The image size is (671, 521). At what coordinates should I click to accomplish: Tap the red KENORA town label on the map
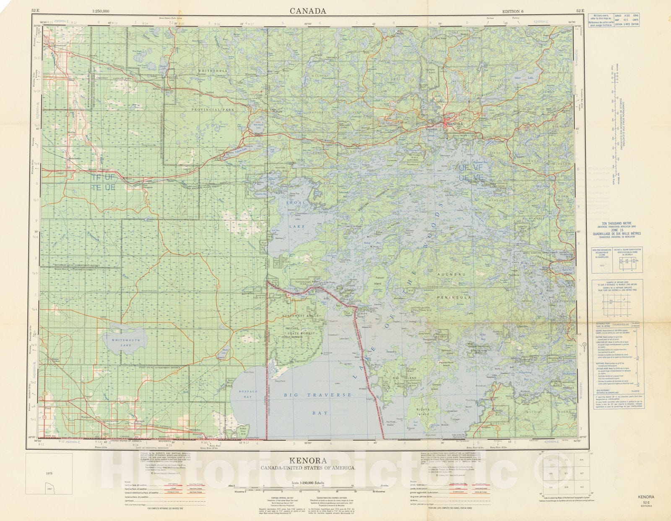(x=455, y=125)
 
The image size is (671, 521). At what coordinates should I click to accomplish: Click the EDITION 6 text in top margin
(x=516, y=11)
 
